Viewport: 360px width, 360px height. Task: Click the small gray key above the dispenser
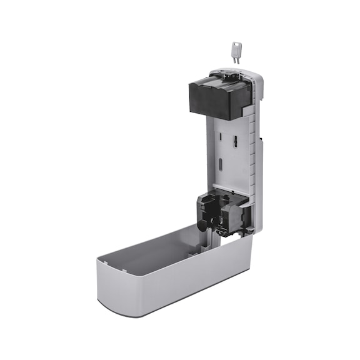tap(236, 52)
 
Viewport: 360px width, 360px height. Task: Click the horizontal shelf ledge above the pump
tap(231, 189)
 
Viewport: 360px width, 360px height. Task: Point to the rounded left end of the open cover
tap(100, 281)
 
